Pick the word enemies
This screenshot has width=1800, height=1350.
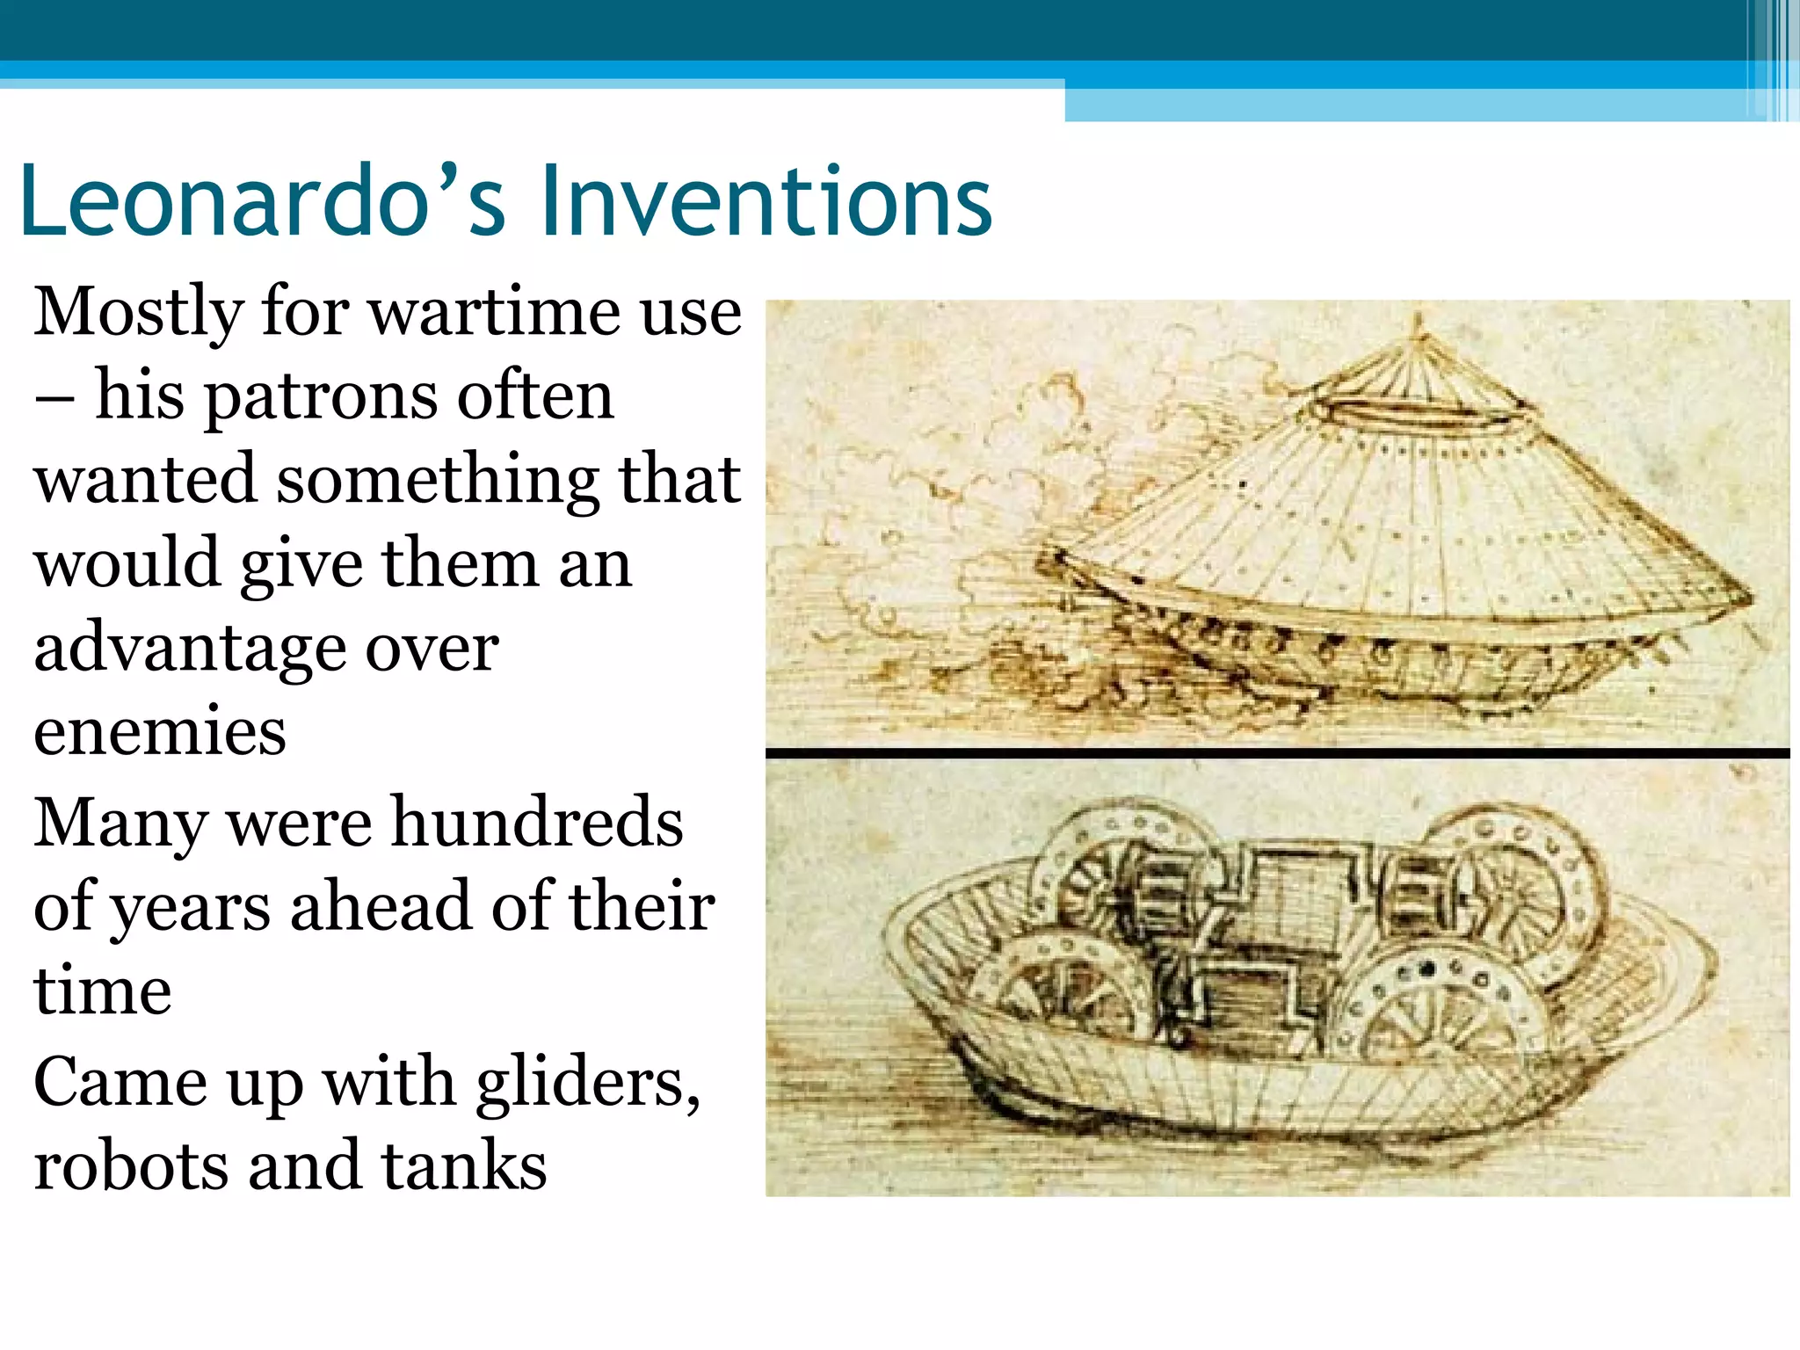coord(160,731)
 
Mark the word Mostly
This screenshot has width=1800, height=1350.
coord(139,313)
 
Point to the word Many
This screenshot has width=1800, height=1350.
coord(121,823)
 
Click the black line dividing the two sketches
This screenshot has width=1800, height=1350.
coord(1276,753)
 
